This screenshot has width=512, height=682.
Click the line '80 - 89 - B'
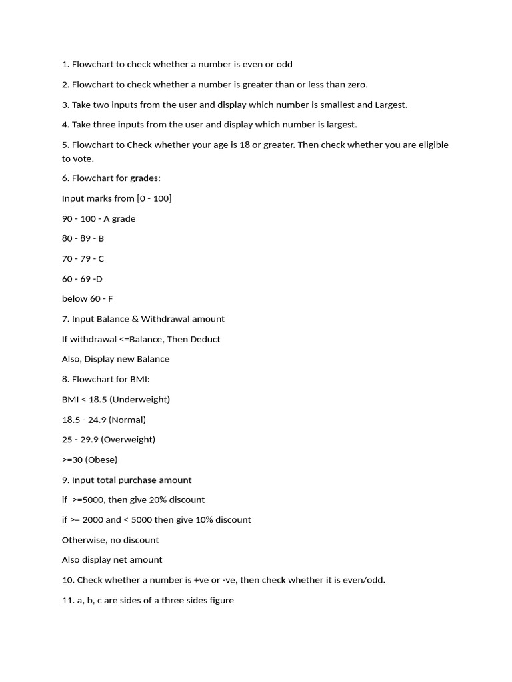click(83, 238)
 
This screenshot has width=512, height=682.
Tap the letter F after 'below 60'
click(110, 299)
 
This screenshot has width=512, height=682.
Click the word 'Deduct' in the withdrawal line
click(205, 339)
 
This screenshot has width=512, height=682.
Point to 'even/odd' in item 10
click(365, 580)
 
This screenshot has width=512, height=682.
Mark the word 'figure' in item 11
click(221, 601)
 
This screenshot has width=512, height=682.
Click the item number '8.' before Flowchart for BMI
click(66, 380)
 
